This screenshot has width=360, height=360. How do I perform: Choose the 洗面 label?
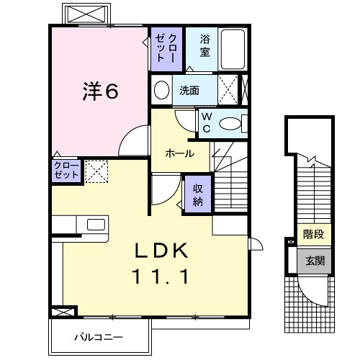(189, 91)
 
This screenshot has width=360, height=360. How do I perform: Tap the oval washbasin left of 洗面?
(162, 91)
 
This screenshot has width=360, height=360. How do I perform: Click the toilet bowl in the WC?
(231, 124)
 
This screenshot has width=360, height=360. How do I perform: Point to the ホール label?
(179, 153)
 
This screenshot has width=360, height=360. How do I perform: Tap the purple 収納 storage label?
(197, 193)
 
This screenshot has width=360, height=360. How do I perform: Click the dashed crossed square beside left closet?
(95, 171)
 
